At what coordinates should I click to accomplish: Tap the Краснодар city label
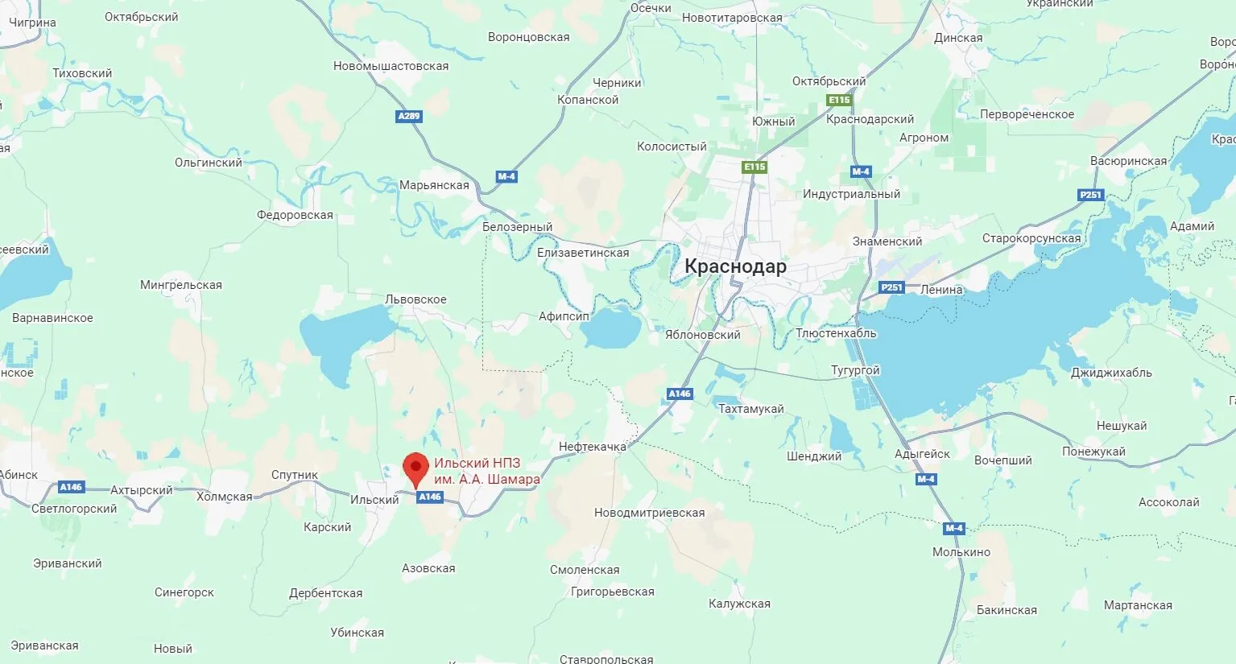tap(735, 266)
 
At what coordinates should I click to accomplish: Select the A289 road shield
tap(409, 116)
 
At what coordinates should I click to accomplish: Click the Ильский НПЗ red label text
tap(486, 471)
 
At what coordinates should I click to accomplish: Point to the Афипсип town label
tap(564, 316)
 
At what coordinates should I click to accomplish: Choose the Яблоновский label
tap(702, 335)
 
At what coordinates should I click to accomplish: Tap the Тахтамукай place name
tap(750, 409)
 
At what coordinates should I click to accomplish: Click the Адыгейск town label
tap(922, 454)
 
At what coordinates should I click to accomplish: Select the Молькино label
tap(961, 552)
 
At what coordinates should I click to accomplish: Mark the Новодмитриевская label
tap(649, 513)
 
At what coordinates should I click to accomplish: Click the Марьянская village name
tap(434, 185)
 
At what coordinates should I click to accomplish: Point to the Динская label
tap(958, 38)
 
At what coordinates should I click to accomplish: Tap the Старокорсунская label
tap(1031, 238)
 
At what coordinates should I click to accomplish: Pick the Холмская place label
tap(224, 497)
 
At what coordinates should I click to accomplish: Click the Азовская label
tap(428, 568)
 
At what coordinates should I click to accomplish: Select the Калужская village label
tap(739, 604)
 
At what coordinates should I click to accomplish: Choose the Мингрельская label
tap(180, 285)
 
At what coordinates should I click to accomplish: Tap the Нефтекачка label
tap(592, 447)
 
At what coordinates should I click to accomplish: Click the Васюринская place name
tap(1128, 161)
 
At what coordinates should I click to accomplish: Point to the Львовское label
tap(415, 299)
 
